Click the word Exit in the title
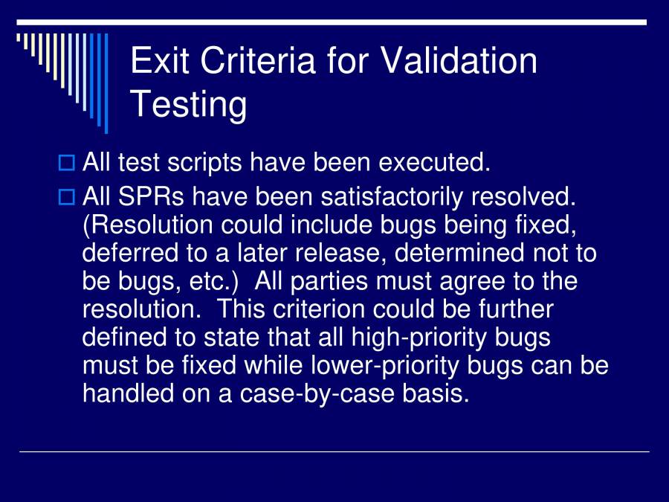(x=158, y=60)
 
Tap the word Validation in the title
(x=459, y=60)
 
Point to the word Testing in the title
(x=189, y=104)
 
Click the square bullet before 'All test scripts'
(x=67, y=161)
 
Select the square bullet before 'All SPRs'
(x=67, y=198)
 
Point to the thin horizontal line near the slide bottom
(x=334, y=451)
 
